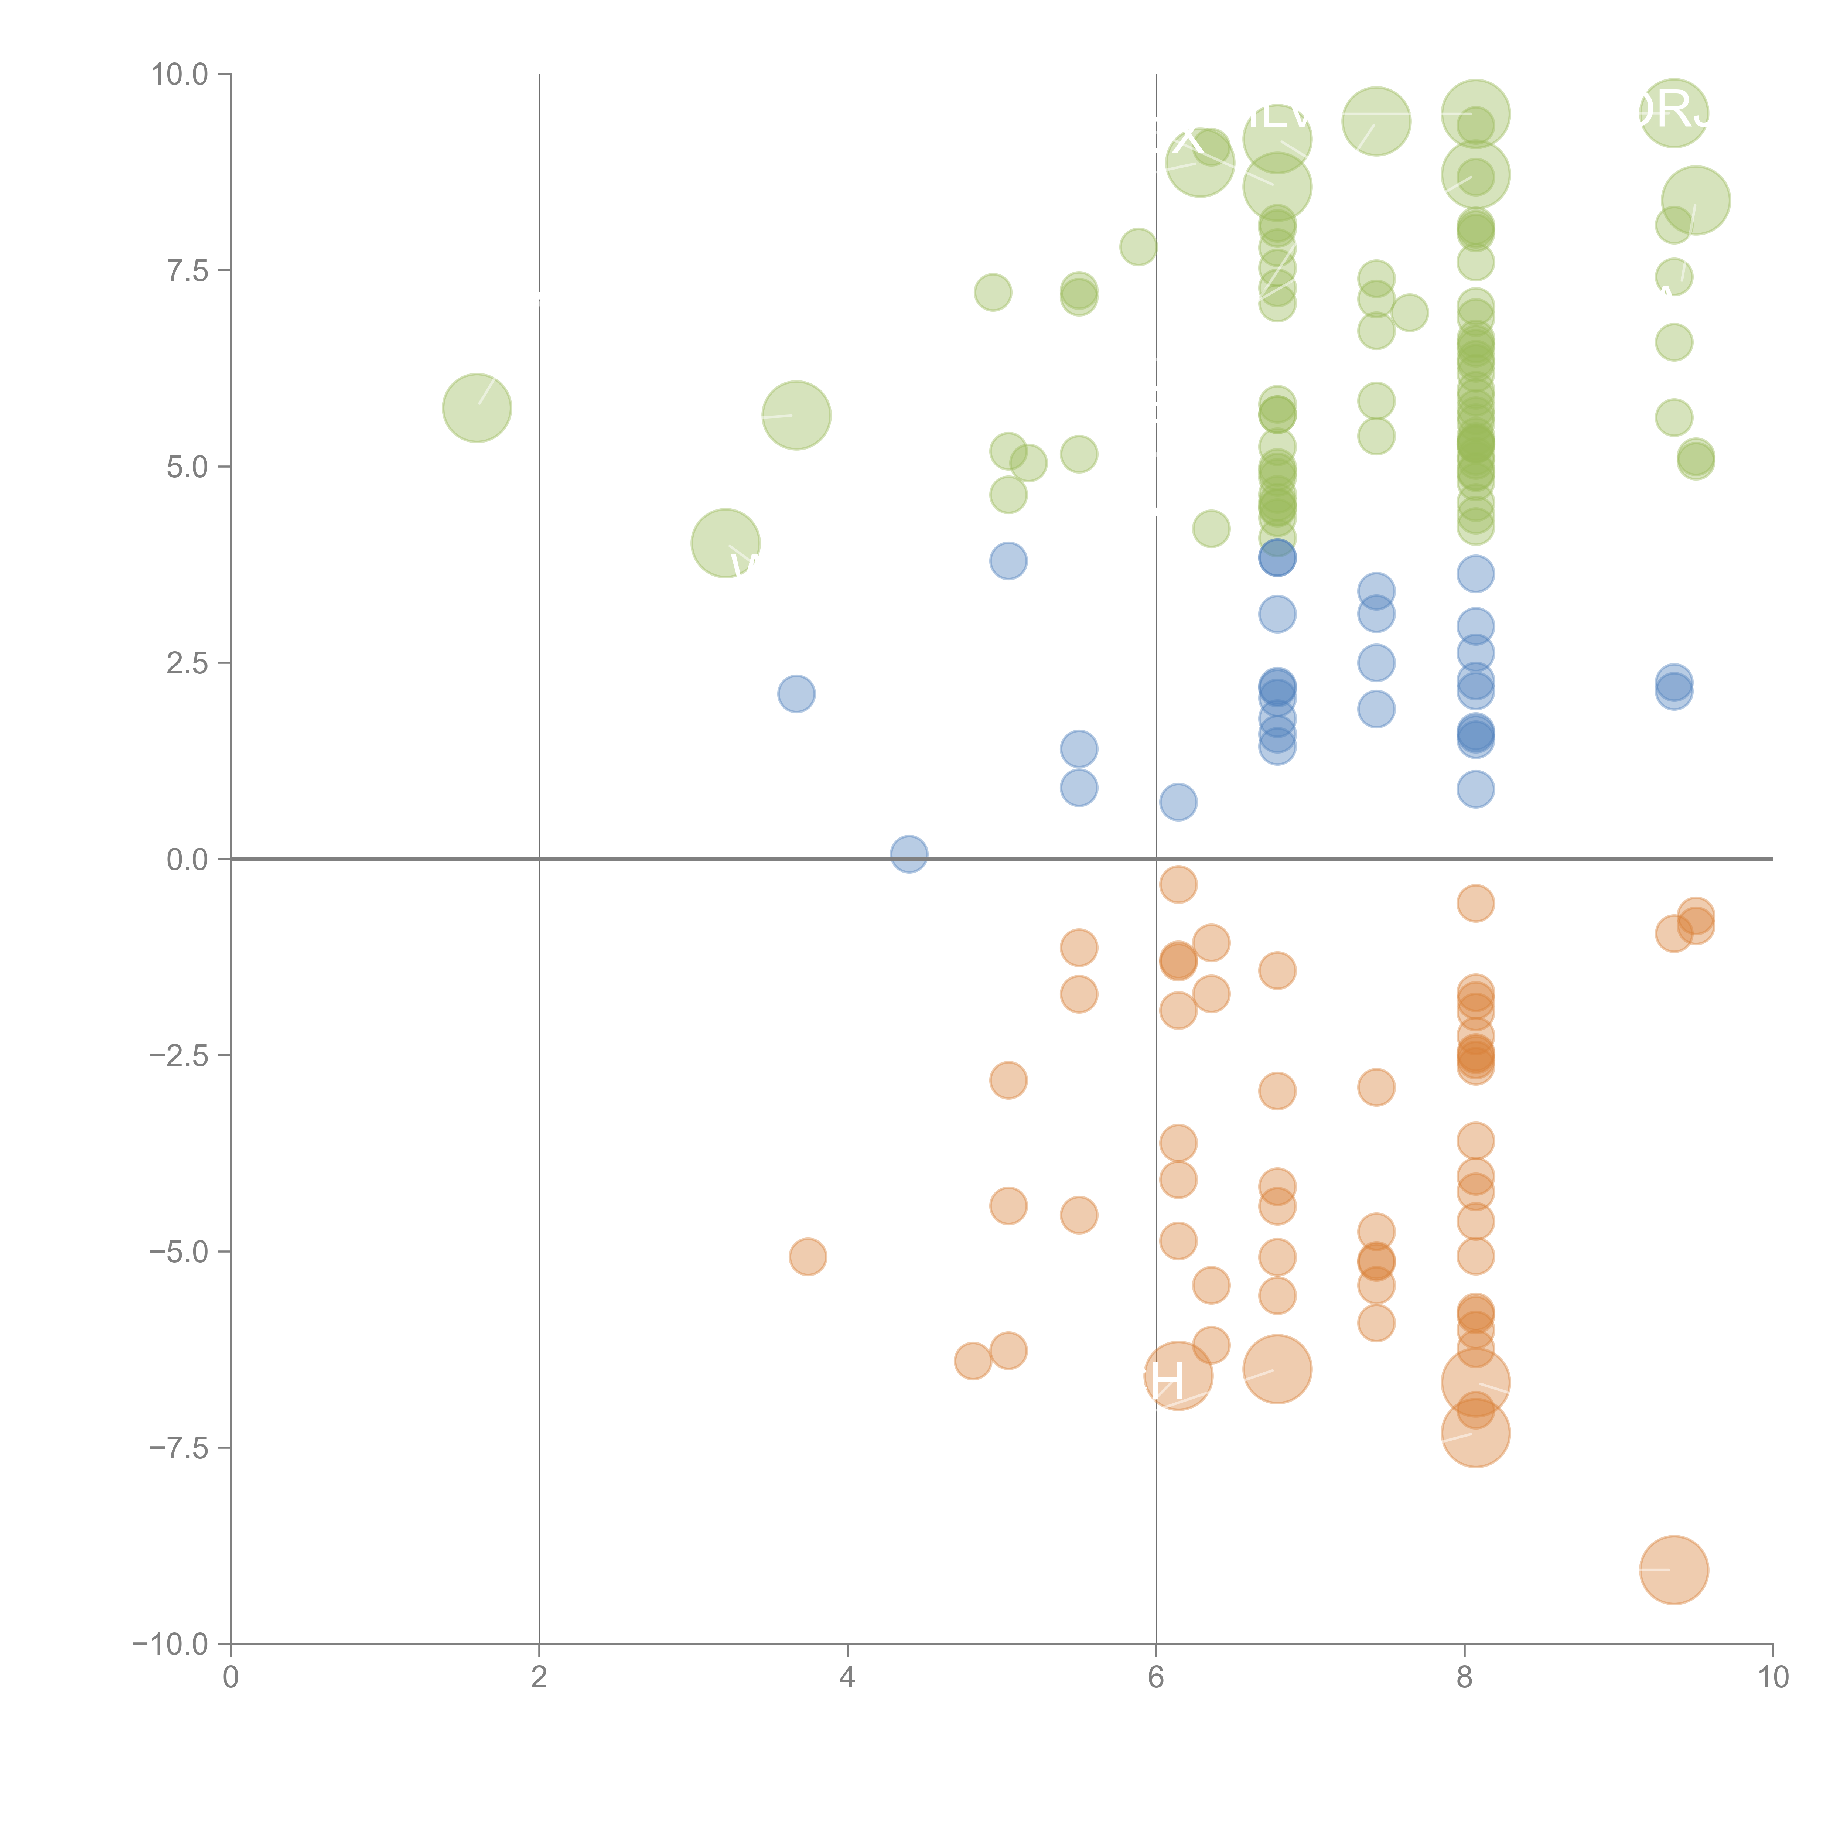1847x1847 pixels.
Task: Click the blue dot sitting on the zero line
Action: [x=908, y=854]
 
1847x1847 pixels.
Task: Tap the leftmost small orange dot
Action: [x=808, y=1256]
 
